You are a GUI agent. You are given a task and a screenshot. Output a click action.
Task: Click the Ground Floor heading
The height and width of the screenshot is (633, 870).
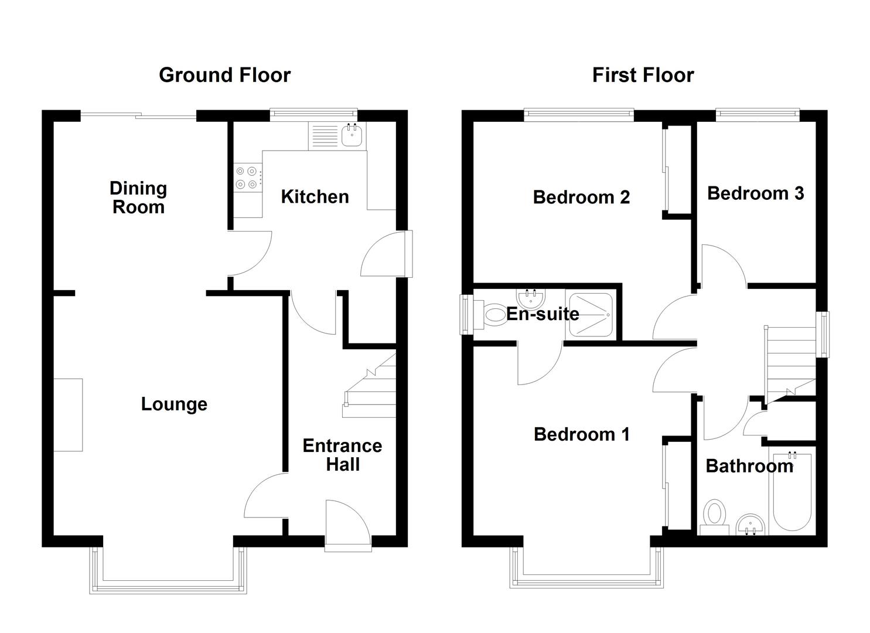224,75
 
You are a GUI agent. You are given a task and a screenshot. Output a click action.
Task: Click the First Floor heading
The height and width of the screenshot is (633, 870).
643,75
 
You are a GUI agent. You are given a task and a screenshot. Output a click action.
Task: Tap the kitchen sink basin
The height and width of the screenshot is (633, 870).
352,136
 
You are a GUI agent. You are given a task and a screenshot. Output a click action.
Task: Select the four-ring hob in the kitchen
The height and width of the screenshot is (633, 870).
246,178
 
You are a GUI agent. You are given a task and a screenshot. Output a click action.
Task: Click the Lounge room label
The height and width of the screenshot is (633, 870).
174,404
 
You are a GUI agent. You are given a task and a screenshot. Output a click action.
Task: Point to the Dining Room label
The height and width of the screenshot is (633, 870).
138,198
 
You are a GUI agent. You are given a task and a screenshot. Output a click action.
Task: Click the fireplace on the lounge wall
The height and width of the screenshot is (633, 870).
68,415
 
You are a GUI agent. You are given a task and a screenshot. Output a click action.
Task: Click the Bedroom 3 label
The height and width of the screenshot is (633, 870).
755,193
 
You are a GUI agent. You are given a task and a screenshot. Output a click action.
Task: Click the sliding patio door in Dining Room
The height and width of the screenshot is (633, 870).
138,115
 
